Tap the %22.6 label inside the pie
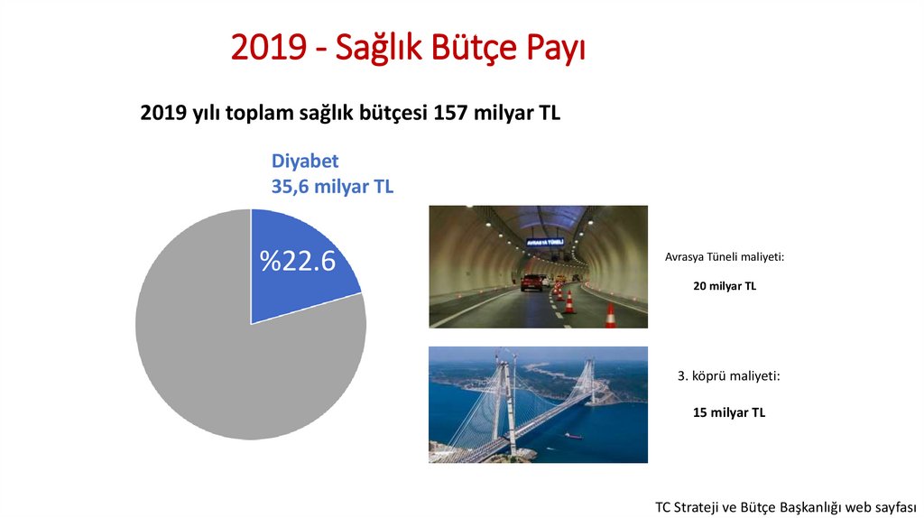(x=298, y=261)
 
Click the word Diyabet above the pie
(x=305, y=162)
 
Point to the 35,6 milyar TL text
(x=332, y=187)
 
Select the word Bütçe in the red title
(x=483, y=47)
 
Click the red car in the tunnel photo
(x=533, y=282)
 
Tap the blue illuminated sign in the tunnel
(x=545, y=242)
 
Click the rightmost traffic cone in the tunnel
(x=611, y=315)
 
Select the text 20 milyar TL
(x=725, y=286)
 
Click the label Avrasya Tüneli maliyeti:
(x=725, y=257)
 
